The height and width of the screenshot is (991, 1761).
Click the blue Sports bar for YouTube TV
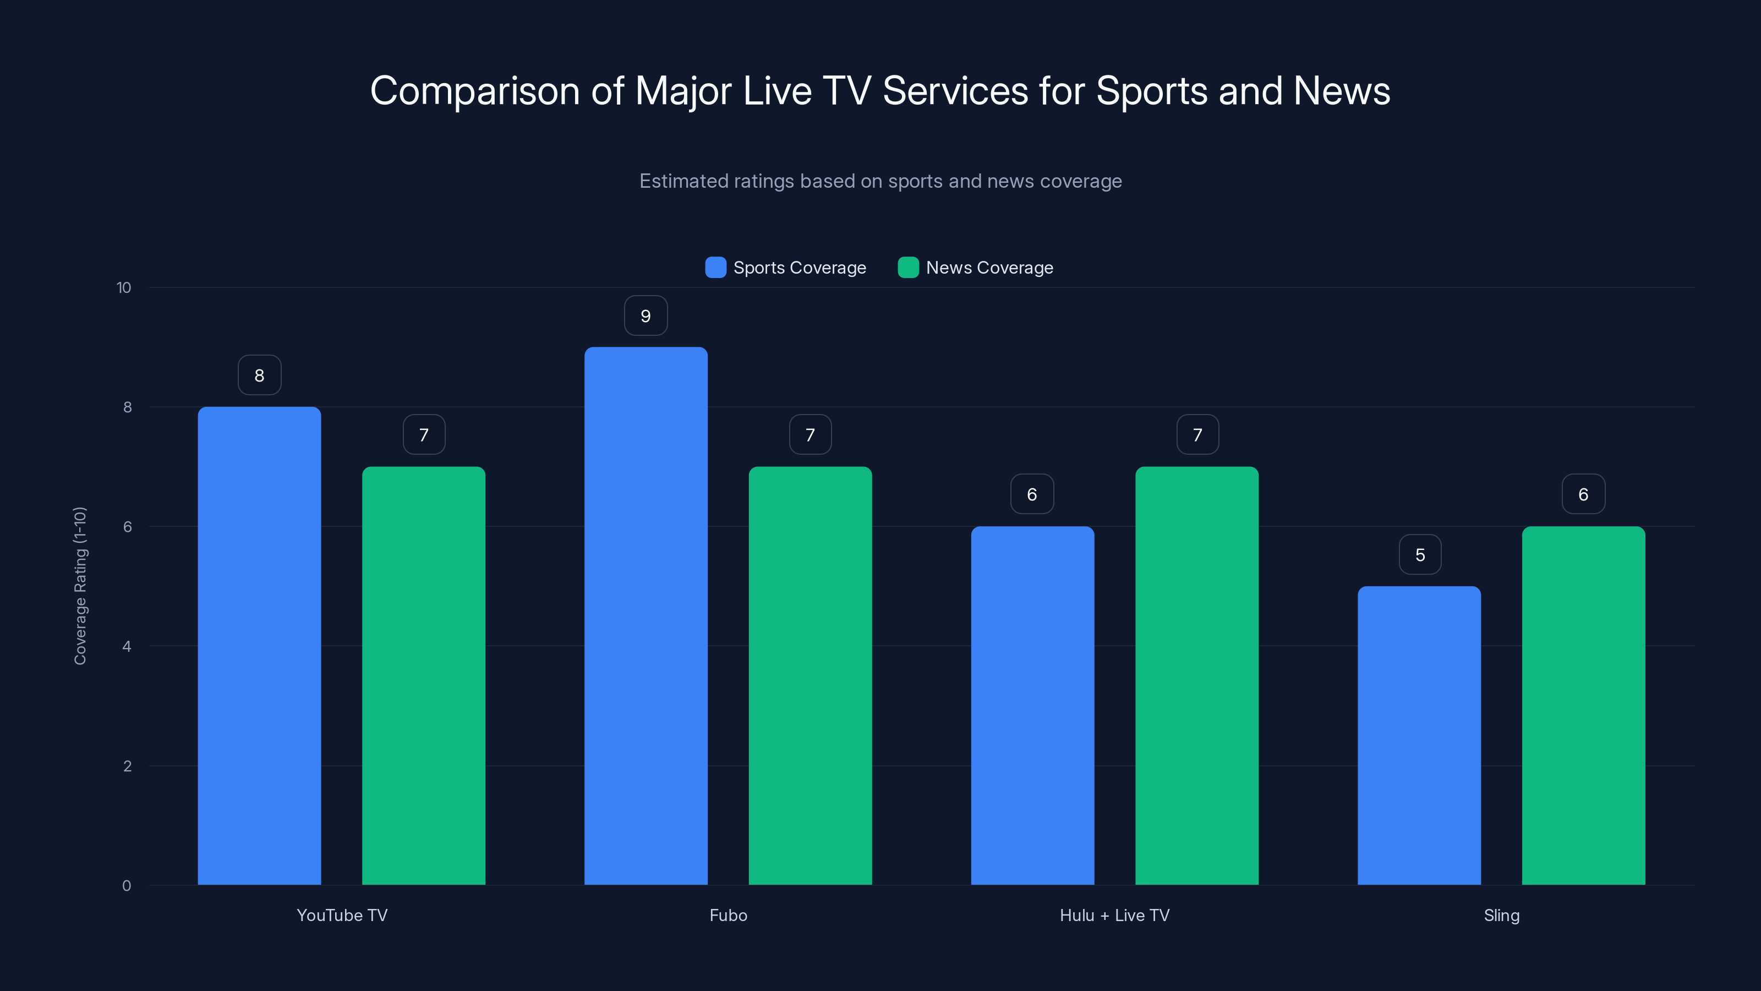pos(259,646)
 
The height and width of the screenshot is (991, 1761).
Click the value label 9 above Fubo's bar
pos(646,316)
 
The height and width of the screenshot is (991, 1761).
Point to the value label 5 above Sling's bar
pos(1420,554)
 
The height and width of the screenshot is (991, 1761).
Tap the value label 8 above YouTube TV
pos(259,375)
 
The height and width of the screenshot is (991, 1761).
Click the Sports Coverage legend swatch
pos(715,268)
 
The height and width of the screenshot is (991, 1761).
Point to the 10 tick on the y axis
pos(124,287)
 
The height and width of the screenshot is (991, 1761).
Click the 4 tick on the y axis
pos(127,646)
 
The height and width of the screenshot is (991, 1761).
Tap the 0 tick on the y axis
pos(127,886)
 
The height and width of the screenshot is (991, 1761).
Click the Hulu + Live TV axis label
pos(1114,915)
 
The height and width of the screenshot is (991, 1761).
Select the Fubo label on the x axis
pos(728,915)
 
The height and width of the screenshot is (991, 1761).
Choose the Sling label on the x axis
pos(1501,915)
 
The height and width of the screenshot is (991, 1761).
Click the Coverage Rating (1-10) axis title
pos(80,585)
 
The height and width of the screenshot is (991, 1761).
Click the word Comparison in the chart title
pos(474,91)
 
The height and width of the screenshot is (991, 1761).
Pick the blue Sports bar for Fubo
pos(646,616)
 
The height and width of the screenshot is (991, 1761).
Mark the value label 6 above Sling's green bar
pos(1583,494)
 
